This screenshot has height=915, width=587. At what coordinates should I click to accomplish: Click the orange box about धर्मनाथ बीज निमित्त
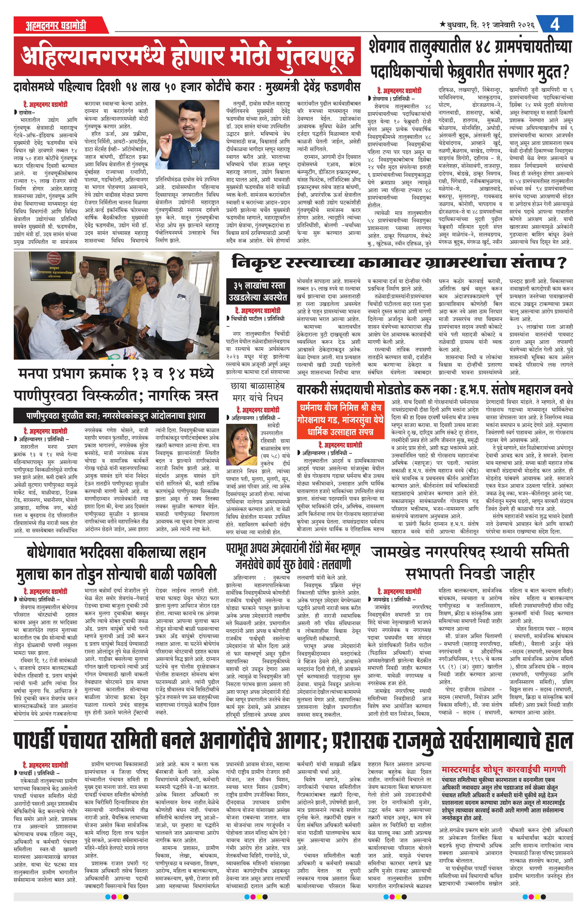pos(340,420)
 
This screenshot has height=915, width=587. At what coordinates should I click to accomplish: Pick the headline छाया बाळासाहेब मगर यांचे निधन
pos(258,392)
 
